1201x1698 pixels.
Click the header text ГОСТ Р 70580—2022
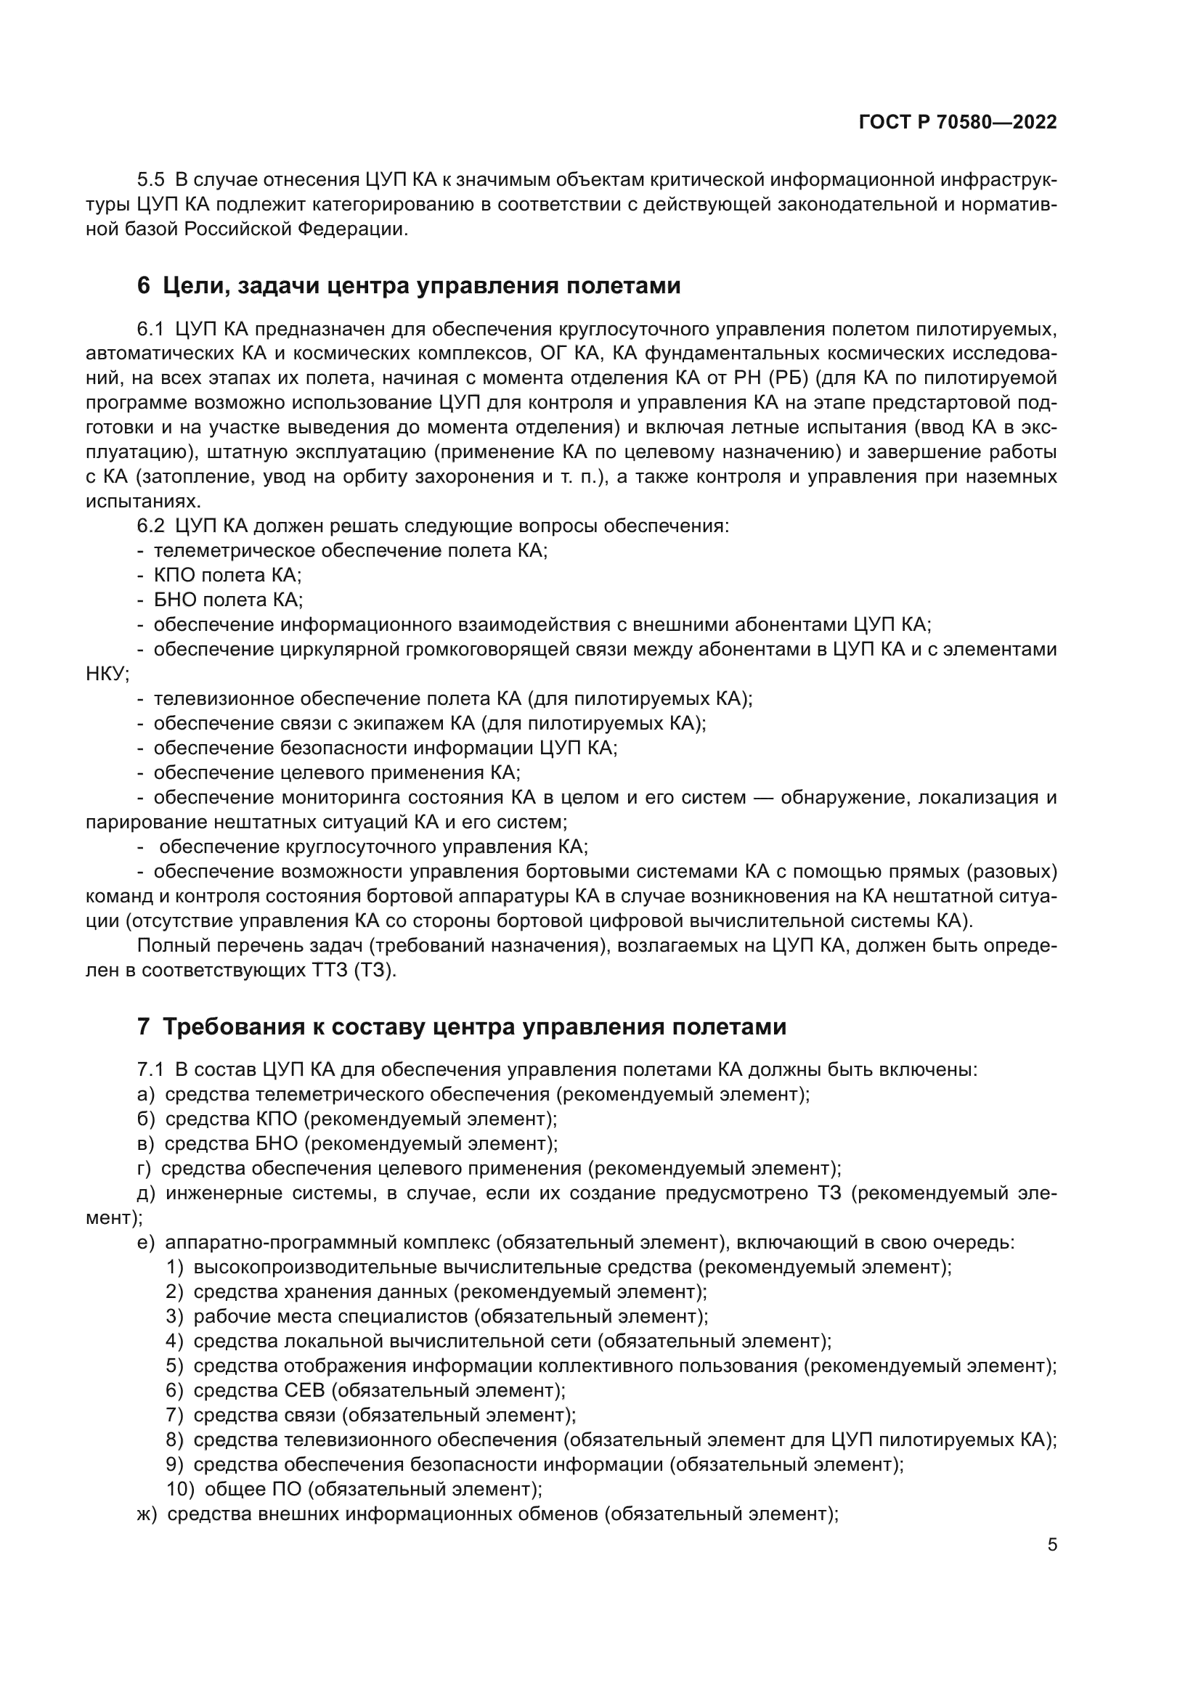click(958, 123)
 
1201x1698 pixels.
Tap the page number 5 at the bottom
click(1051, 1545)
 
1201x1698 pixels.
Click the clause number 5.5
click(151, 181)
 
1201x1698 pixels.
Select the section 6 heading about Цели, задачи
click(408, 285)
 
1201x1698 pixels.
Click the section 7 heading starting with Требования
click(462, 1027)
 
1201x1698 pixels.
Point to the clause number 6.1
click(151, 329)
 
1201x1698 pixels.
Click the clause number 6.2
click(151, 526)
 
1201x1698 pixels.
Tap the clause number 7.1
click(150, 1069)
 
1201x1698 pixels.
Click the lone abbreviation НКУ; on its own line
click(107, 674)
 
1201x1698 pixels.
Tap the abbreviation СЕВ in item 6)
click(304, 1390)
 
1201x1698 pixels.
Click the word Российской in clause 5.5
click(238, 229)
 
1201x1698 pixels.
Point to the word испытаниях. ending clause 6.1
click(143, 502)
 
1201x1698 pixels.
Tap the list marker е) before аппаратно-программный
click(146, 1242)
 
